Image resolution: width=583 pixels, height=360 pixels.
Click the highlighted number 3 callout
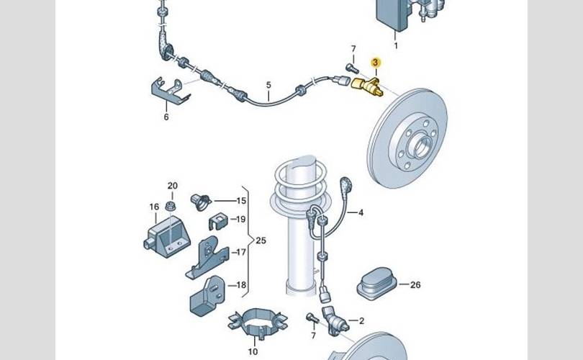tap(375, 63)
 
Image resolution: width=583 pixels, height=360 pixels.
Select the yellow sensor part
tap(366, 87)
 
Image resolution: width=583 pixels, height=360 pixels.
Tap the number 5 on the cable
tap(268, 86)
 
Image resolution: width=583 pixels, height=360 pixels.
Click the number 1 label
tap(396, 45)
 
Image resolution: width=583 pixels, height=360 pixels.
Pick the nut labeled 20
tap(171, 206)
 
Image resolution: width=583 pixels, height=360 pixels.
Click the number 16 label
tap(154, 207)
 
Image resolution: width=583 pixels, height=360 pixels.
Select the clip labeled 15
tap(201, 202)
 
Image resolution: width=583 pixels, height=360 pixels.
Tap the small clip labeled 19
tap(218, 221)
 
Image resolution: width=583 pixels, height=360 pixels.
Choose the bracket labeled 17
tap(207, 257)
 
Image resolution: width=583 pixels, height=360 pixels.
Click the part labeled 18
tap(207, 296)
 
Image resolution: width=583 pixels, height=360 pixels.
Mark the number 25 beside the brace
tap(261, 240)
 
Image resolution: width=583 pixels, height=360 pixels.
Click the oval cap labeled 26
tap(376, 283)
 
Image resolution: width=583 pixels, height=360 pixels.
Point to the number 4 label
tap(361, 212)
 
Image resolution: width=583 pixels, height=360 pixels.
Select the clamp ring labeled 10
tap(257, 323)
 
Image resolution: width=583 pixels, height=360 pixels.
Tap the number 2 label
tap(361, 320)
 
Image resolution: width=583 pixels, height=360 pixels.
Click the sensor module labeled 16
tap(167, 237)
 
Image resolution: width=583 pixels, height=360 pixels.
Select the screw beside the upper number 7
tap(352, 68)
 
